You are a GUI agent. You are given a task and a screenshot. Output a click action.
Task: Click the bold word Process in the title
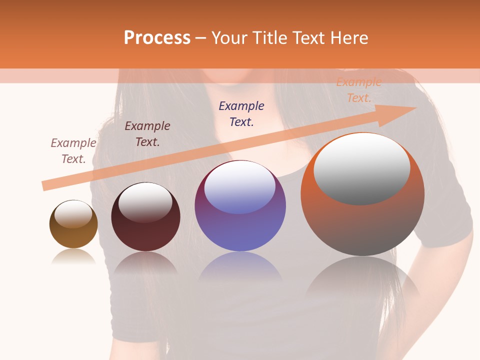coord(157,38)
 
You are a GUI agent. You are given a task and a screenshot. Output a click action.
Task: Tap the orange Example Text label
coord(358,90)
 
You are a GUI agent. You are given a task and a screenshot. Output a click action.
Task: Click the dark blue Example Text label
coord(241,113)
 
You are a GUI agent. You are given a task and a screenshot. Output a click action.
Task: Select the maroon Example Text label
coord(147,133)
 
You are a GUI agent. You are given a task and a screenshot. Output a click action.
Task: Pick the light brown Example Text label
coord(73,150)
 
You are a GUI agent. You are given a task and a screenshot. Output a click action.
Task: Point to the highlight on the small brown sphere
coord(73,214)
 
